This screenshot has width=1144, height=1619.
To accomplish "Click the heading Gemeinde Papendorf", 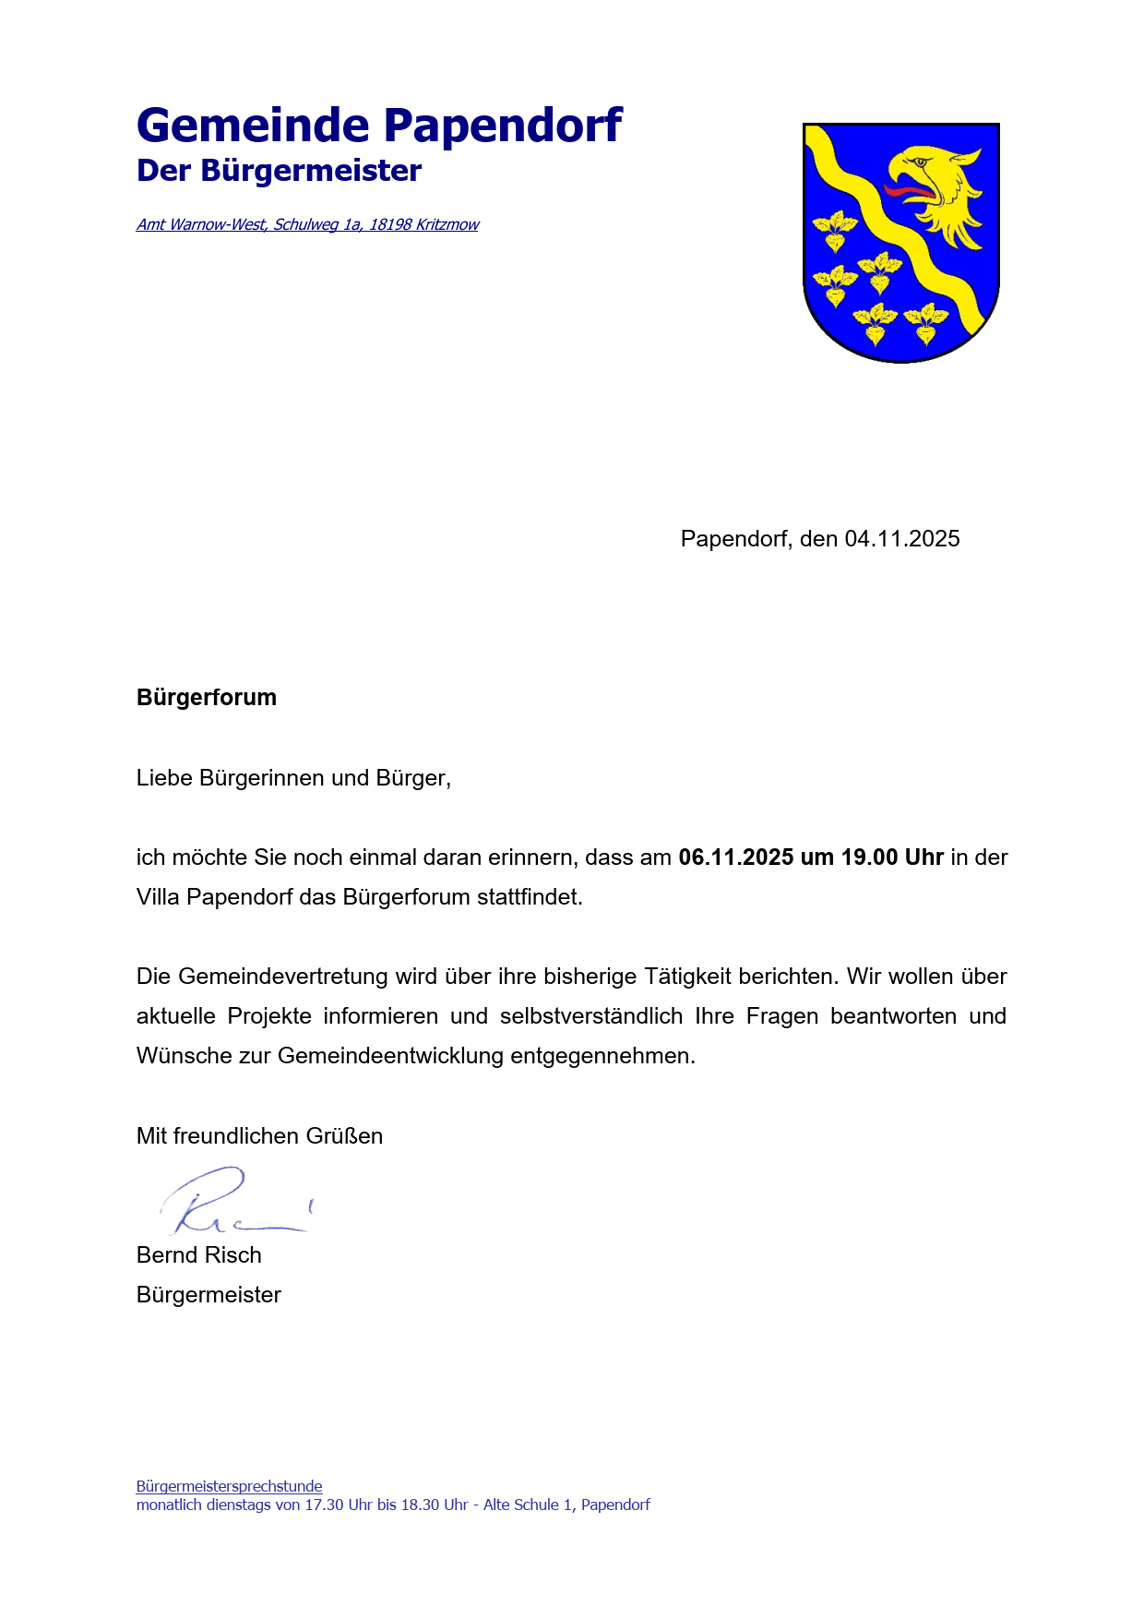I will (x=379, y=126).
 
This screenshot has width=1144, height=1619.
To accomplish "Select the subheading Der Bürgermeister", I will (x=279, y=171).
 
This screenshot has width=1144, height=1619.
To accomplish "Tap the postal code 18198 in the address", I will (x=390, y=224).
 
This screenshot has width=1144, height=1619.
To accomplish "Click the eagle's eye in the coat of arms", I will (x=918, y=162).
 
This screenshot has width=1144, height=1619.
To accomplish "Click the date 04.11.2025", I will (x=902, y=539).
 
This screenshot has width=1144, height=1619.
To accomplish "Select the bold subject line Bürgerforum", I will (x=207, y=697).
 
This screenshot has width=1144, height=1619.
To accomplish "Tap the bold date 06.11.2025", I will (x=735, y=857).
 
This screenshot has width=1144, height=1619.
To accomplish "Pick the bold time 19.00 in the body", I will (x=869, y=857).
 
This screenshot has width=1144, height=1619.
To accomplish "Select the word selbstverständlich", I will (x=591, y=1016).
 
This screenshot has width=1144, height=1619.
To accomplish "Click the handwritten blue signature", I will (x=231, y=1202).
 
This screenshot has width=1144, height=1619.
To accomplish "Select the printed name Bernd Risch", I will (x=199, y=1255).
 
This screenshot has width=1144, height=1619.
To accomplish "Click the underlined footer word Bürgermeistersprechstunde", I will (x=230, y=1486).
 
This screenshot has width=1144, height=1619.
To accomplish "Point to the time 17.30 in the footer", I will (x=323, y=1505).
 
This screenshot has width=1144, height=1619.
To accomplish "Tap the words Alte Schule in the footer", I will (x=520, y=1505).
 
